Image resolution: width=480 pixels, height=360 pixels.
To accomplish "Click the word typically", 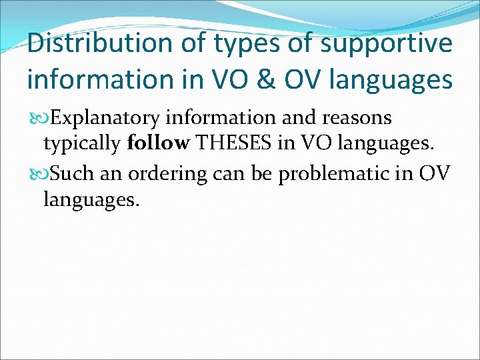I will (x=81, y=143).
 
